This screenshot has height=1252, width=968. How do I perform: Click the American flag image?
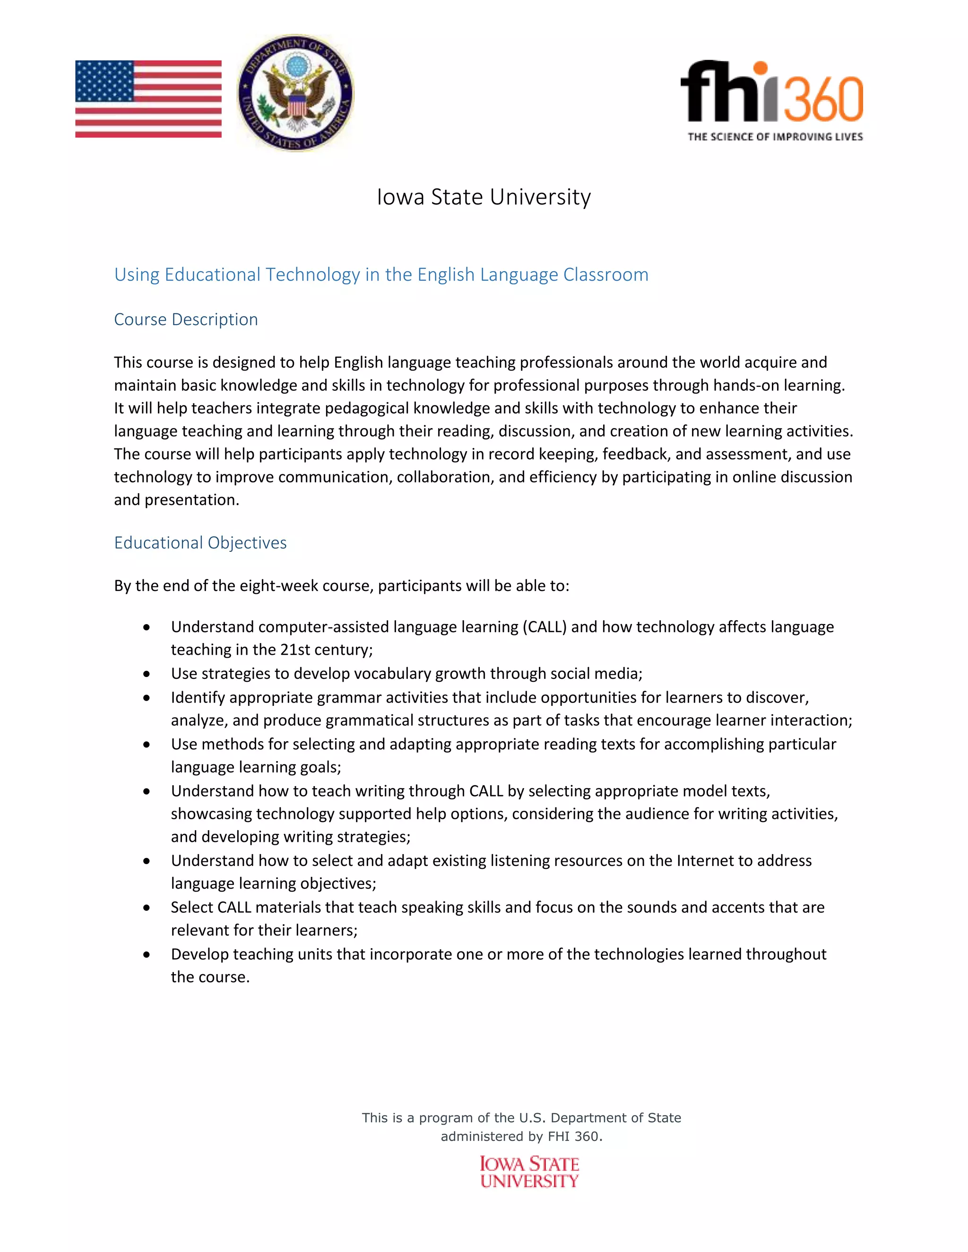pos(148,99)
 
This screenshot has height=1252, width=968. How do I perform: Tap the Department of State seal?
pos(295,93)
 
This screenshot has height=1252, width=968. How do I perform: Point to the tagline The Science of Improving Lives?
pos(775,137)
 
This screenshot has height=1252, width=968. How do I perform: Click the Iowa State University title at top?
pos(484,197)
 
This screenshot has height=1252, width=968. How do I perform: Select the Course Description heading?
pos(186,319)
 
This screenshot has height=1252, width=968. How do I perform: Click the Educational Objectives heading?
pos(200,542)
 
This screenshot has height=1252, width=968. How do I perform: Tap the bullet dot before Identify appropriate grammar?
pos(147,698)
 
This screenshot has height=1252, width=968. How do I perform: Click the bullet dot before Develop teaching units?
pos(147,954)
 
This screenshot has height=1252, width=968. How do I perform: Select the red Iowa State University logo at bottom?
pos(529,1172)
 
